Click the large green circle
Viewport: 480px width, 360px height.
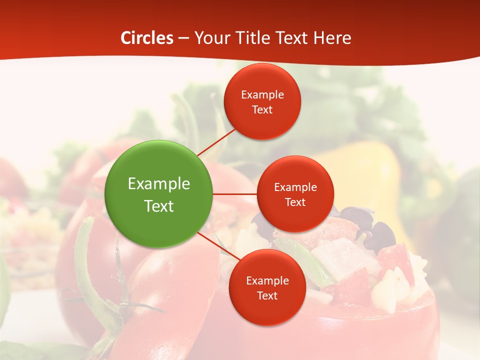159,194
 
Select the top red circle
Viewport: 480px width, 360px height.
262,101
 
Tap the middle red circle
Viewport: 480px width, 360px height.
295,194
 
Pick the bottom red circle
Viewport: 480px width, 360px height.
267,287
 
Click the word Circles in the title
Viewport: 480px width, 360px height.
147,38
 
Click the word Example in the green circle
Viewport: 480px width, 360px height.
159,183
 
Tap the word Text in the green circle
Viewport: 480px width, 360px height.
159,205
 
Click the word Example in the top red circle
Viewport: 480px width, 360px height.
262,94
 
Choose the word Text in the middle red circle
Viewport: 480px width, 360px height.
295,202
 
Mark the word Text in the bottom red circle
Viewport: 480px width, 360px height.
267,295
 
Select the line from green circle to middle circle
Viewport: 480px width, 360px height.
235,194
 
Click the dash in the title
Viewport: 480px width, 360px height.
183,38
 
